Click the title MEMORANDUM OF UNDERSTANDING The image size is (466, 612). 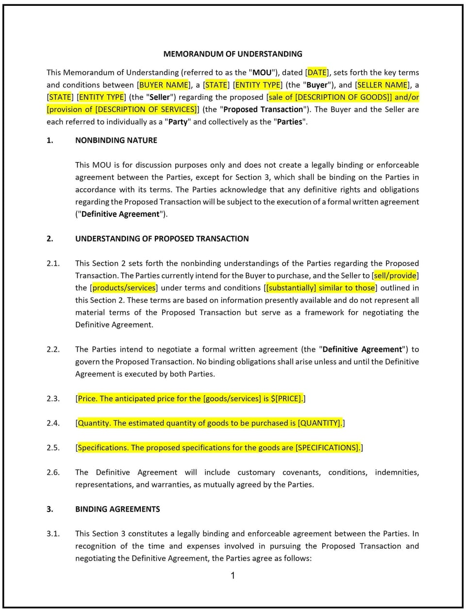pos(233,54)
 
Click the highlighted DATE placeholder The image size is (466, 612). pos(317,72)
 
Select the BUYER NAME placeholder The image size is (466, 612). pos(164,84)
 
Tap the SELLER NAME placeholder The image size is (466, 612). pos(383,84)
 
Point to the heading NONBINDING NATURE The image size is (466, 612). pos(116,140)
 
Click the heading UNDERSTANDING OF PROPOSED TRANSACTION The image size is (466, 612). pos(162,238)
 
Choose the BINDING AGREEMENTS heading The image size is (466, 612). pos(117,509)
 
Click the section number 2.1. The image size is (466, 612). pos(53,263)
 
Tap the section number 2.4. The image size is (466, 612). pos(53,423)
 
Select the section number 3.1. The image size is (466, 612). pos(53,533)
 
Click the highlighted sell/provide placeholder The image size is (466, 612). pos(395,276)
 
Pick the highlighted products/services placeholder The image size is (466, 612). pos(124,288)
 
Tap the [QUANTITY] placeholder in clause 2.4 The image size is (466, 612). pos(319,423)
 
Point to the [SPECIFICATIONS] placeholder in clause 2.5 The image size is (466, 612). pos(328,447)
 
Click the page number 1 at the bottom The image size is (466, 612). pos(233,576)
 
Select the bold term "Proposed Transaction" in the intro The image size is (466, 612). pos(263,109)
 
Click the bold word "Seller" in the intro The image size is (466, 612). pos(160,97)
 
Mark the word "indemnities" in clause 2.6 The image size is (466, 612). pos(397,472)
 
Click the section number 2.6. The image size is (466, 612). pos(53,472)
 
